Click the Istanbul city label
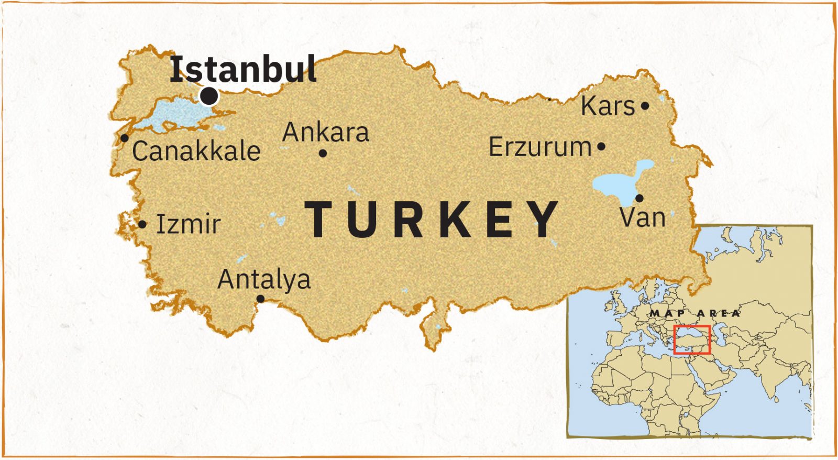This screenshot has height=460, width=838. click(x=243, y=69)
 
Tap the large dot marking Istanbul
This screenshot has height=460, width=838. click(x=209, y=96)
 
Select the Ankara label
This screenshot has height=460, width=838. click(x=326, y=132)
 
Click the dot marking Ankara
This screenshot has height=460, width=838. click(x=323, y=154)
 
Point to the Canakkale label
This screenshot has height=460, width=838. click(x=196, y=151)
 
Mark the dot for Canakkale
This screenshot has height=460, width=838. click(x=125, y=138)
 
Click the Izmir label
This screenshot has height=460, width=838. click(x=189, y=224)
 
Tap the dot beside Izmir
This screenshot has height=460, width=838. click(x=142, y=225)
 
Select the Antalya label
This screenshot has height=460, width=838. click(x=264, y=279)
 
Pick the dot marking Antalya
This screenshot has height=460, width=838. click(x=260, y=299)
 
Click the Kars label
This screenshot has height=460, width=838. click(x=608, y=106)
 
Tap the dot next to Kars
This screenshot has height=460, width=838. click(x=645, y=106)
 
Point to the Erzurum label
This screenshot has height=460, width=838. click(x=540, y=147)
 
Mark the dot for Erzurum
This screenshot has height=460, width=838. click(x=601, y=147)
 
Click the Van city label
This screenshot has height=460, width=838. click(x=643, y=217)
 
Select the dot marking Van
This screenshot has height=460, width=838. click(x=639, y=198)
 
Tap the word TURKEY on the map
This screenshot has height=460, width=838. click(x=432, y=220)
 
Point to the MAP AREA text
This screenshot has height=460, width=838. click(x=695, y=313)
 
